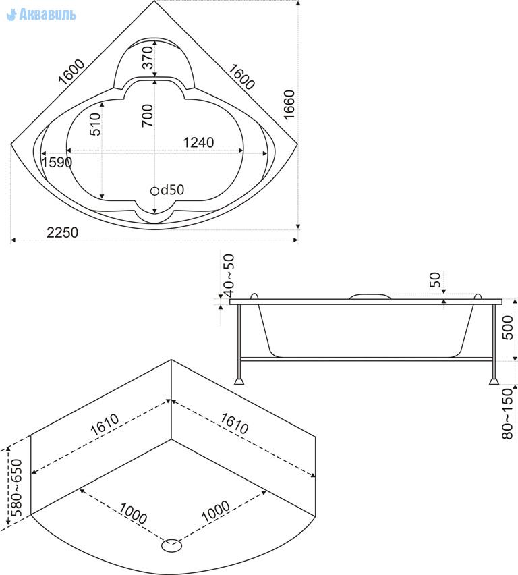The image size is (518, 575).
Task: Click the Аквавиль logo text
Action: point(47,14)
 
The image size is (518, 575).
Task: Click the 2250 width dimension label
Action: point(62,232)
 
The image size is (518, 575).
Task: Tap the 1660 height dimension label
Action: point(289,105)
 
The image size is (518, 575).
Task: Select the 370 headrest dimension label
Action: point(147,57)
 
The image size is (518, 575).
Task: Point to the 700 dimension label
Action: point(147,115)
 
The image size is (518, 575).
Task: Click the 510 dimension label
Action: point(94,124)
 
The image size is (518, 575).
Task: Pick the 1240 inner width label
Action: point(198,142)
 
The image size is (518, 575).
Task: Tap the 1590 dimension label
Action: point(57,162)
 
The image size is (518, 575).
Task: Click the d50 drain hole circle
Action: point(154,191)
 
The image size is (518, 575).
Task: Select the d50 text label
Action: point(172,190)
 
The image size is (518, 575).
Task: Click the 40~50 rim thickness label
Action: point(229,275)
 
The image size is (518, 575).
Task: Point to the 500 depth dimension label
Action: point(507,328)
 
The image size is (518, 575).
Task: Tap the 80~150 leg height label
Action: point(507,414)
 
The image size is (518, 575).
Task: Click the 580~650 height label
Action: point(17,487)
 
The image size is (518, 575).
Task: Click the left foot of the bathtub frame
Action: point(239,381)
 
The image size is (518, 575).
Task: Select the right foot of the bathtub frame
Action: point(494,381)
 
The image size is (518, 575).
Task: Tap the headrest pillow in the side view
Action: point(370,296)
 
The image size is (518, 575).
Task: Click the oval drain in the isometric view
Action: point(171,545)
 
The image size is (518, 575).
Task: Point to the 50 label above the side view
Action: point(435,280)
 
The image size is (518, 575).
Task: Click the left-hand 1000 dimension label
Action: point(133,513)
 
